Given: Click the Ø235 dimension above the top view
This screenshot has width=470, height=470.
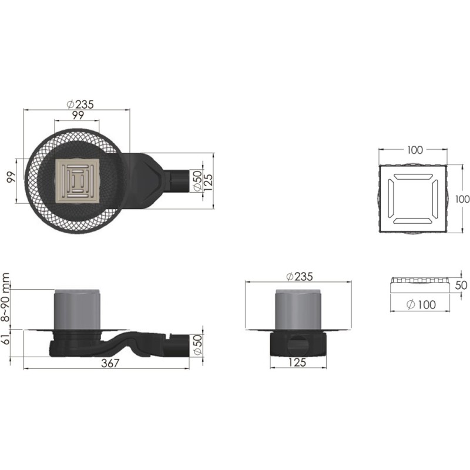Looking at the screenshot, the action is pyautogui.click(x=80, y=105).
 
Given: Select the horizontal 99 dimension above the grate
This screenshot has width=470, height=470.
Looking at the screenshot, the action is pyautogui.click(x=78, y=115).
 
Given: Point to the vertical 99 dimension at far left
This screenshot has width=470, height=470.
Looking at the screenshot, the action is pyautogui.click(x=11, y=177).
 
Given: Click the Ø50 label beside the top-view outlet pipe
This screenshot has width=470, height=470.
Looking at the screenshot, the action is pyautogui.click(x=197, y=181).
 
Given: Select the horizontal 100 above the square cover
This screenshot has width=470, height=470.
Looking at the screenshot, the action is pyautogui.click(x=415, y=150).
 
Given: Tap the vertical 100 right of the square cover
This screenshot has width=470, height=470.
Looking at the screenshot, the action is pyautogui.click(x=462, y=199).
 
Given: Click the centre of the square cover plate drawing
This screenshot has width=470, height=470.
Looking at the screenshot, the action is pyautogui.click(x=413, y=199).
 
